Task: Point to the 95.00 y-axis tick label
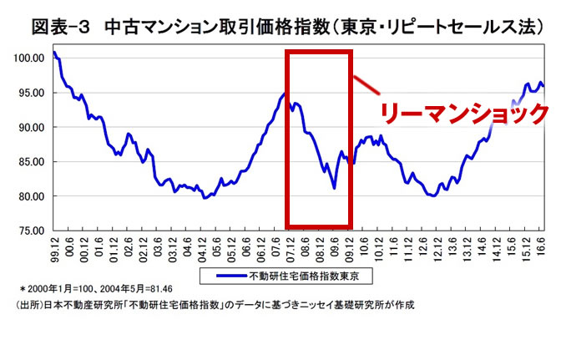[x=31, y=93]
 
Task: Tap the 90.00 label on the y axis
[x=31, y=127]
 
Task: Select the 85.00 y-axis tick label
[x=31, y=162]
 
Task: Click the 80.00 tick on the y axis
[x=31, y=196]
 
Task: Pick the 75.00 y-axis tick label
[x=31, y=231]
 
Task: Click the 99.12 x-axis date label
[x=55, y=247]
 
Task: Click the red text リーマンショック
[x=464, y=114]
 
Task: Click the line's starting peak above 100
[x=54, y=52]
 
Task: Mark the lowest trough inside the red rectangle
[x=334, y=188]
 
